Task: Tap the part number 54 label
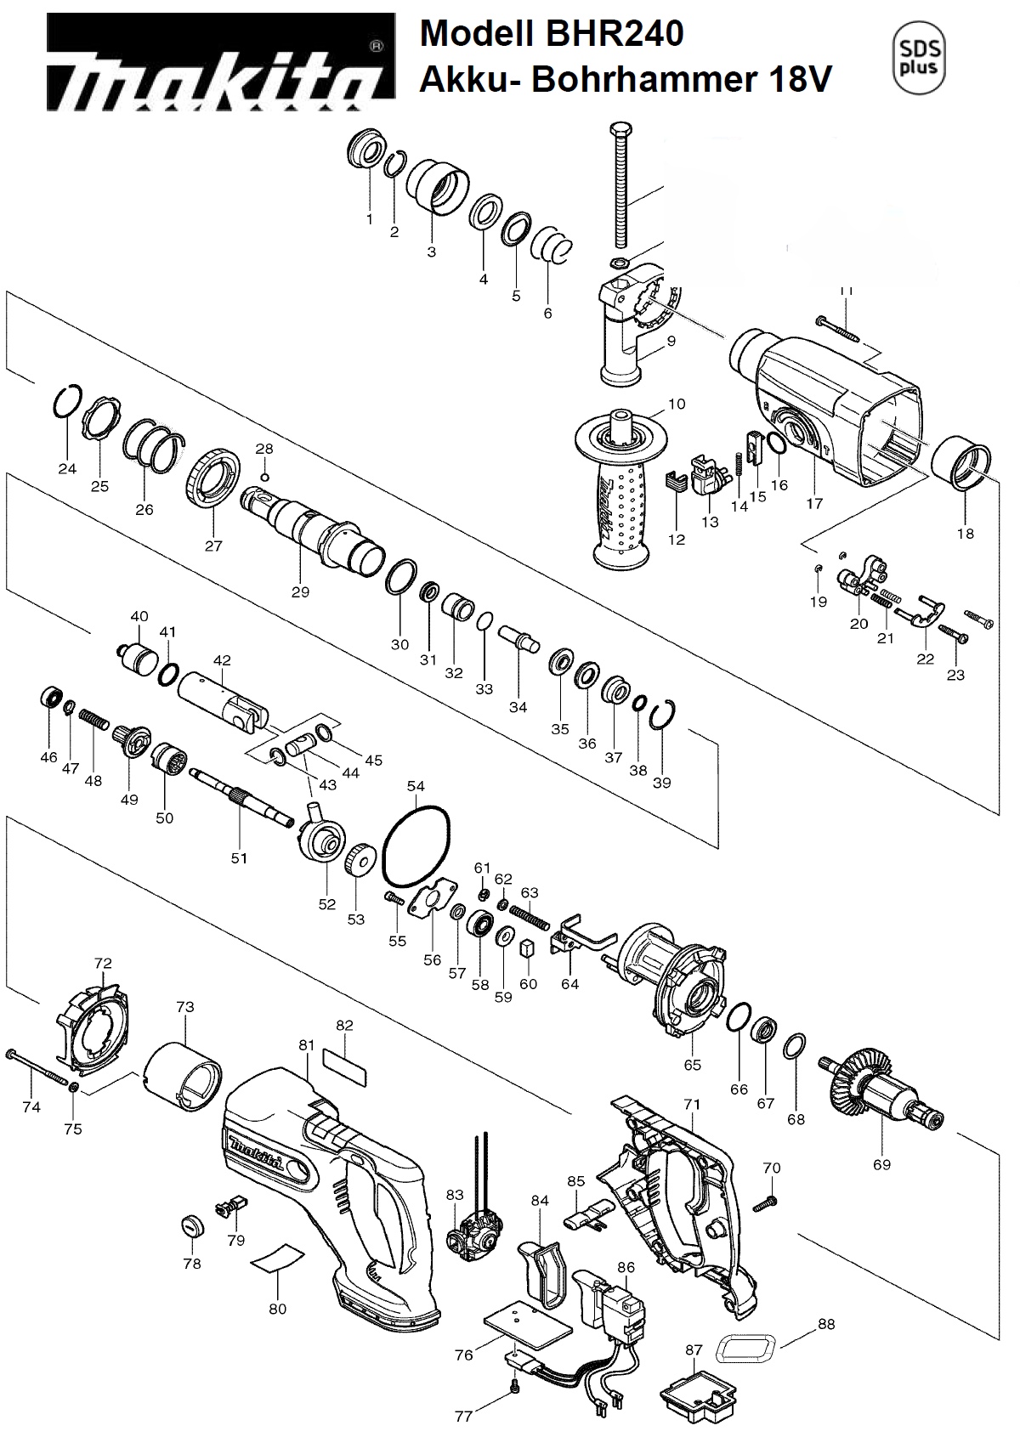click(x=416, y=786)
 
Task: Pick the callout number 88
click(x=826, y=1323)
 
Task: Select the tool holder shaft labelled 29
click(x=311, y=528)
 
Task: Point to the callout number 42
click(x=222, y=660)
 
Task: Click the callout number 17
click(x=814, y=503)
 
